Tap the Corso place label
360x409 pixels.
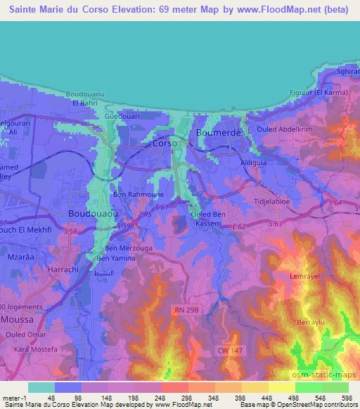[x=166, y=143]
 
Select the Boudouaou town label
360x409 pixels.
[x=92, y=212]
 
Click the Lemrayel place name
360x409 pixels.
[x=304, y=276]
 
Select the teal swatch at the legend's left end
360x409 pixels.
[x=41, y=387]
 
